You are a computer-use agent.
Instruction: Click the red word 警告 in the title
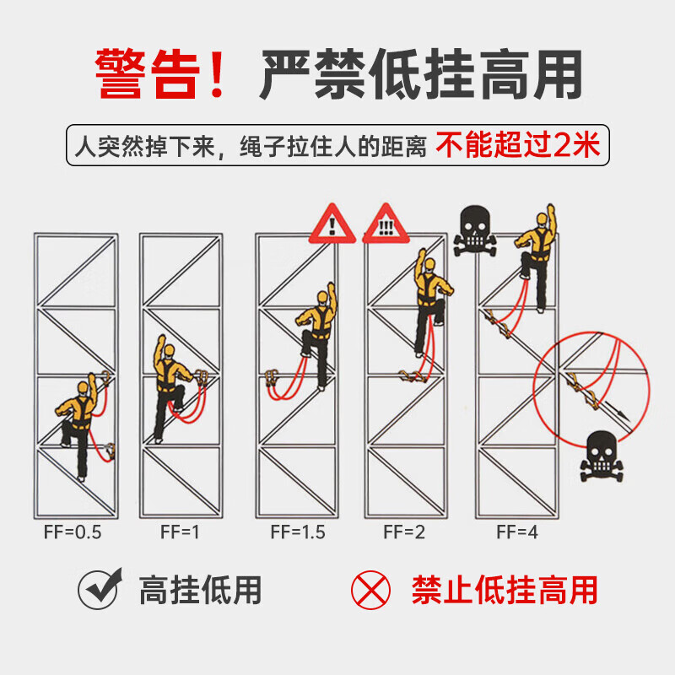coord(147,73)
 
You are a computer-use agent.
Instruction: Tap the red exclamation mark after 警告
coord(217,73)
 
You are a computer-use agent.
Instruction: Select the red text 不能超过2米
coord(517,145)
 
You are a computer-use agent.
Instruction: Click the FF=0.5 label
coord(73,532)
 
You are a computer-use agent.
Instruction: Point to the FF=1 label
coord(180,532)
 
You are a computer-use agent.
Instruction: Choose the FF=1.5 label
coord(298,532)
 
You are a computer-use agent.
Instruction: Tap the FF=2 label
coord(404,532)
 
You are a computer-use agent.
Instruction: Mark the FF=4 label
coord(517,532)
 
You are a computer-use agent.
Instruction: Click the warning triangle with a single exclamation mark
coord(332,224)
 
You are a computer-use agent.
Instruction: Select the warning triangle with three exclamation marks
coord(386,224)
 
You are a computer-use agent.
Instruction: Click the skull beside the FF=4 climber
coord(475,230)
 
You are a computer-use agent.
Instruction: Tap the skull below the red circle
coord(602,456)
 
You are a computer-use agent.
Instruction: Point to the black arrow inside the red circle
coord(616,410)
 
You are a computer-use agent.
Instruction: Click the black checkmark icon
coord(100,589)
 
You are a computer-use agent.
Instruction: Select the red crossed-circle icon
coord(370,590)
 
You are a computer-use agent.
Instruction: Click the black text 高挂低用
coord(200,590)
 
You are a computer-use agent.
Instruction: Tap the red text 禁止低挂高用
coord(505,590)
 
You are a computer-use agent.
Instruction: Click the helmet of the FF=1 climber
coord(170,350)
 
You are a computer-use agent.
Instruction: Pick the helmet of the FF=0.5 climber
coord(83,387)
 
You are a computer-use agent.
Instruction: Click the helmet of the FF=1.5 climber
coord(322,297)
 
